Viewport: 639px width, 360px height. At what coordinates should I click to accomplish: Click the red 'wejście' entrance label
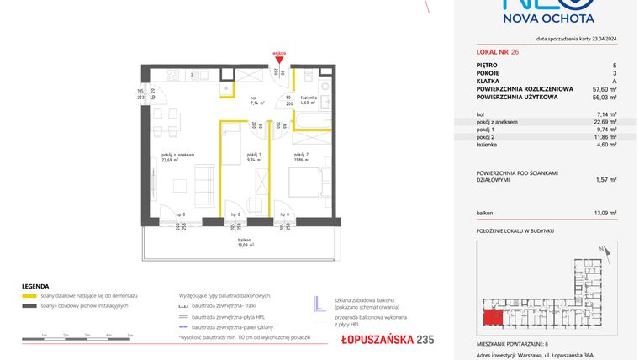click(x=280, y=52)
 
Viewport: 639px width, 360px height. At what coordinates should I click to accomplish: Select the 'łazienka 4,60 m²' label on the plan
click(x=308, y=101)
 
